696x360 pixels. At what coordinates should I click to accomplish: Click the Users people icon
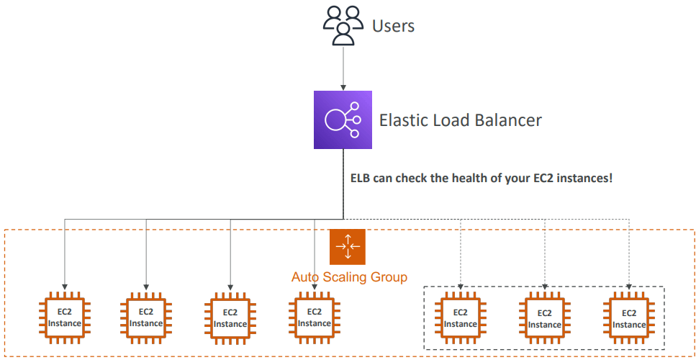tap(342, 25)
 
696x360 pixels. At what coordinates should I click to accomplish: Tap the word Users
tap(393, 27)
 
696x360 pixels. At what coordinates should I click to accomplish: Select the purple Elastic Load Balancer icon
tap(343, 120)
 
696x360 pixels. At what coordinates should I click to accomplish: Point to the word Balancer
tap(506, 120)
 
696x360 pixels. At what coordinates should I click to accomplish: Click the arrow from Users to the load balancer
tap(343, 68)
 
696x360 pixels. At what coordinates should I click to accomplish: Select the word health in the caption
tap(452, 177)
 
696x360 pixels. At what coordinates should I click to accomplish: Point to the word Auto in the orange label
tap(305, 277)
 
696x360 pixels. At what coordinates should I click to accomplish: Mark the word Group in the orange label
tap(389, 277)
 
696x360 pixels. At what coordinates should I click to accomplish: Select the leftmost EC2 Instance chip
tap(65, 318)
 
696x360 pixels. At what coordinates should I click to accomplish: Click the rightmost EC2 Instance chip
tap(629, 318)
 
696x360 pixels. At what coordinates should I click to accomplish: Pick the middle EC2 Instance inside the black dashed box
tap(545, 318)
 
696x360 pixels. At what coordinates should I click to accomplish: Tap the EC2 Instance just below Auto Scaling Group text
tap(315, 318)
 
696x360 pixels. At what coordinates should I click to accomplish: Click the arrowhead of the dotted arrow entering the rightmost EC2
tap(629, 288)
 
